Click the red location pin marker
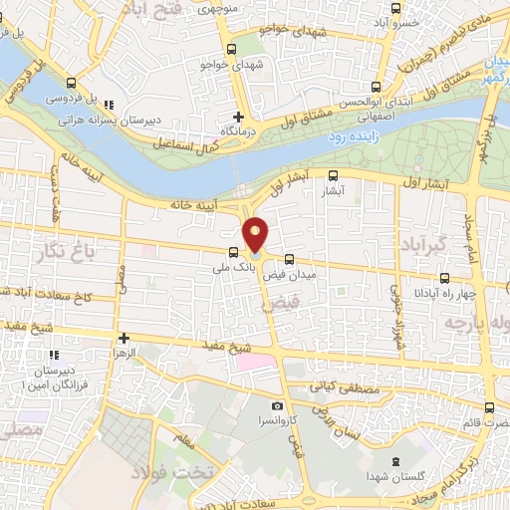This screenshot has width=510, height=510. [256, 233]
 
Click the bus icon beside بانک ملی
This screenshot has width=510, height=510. [233, 253]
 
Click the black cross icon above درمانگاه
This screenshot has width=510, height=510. [238, 117]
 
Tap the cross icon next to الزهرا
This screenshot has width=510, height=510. [124, 339]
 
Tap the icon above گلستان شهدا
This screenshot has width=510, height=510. [396, 461]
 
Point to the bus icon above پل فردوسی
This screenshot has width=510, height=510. [70, 84]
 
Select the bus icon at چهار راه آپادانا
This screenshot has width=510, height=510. [445, 279]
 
